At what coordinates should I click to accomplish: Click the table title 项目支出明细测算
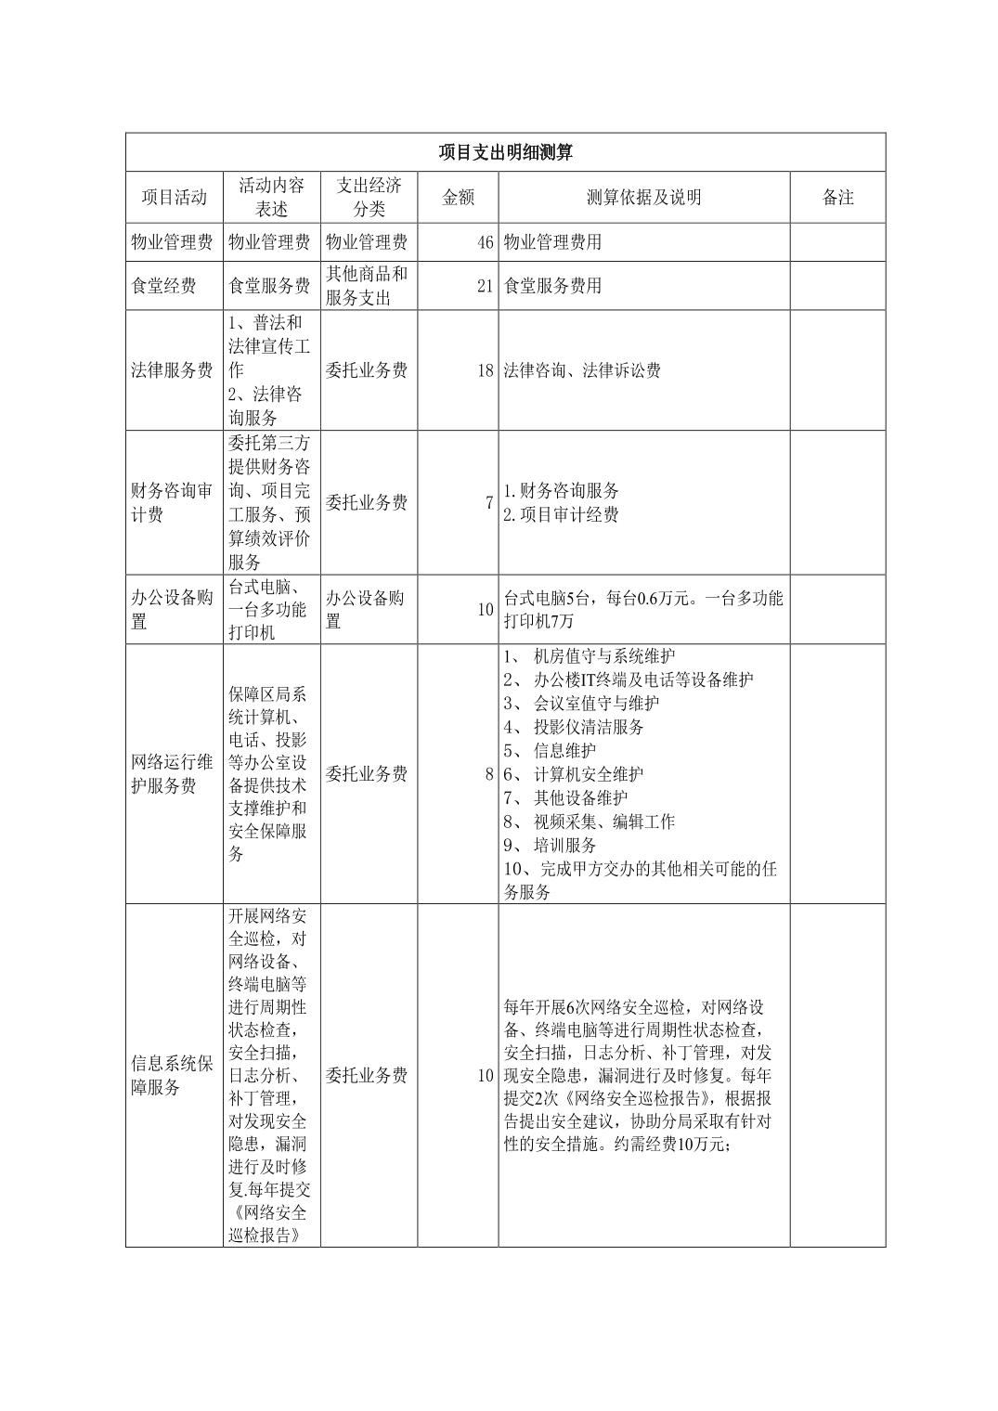[505, 152]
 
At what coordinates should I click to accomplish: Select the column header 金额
[458, 198]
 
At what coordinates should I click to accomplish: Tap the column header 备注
[837, 198]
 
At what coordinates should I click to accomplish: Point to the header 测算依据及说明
[643, 198]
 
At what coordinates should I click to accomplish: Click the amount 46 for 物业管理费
[485, 243]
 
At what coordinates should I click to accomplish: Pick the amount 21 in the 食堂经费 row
[485, 286]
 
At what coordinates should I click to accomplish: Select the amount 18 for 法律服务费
[485, 370]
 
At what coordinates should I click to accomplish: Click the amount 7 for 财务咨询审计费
[488, 503]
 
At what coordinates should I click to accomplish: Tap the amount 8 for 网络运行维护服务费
[488, 774]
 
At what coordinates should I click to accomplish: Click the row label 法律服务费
[172, 370]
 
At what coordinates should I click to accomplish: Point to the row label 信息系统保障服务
[172, 1075]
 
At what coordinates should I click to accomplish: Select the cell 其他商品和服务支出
[367, 286]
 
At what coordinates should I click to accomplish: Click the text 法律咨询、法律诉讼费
[582, 370]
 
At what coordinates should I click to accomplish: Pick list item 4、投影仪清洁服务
[574, 727]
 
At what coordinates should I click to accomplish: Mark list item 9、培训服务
[551, 846]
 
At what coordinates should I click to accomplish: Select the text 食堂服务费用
[552, 286]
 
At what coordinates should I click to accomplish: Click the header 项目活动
[174, 198]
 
